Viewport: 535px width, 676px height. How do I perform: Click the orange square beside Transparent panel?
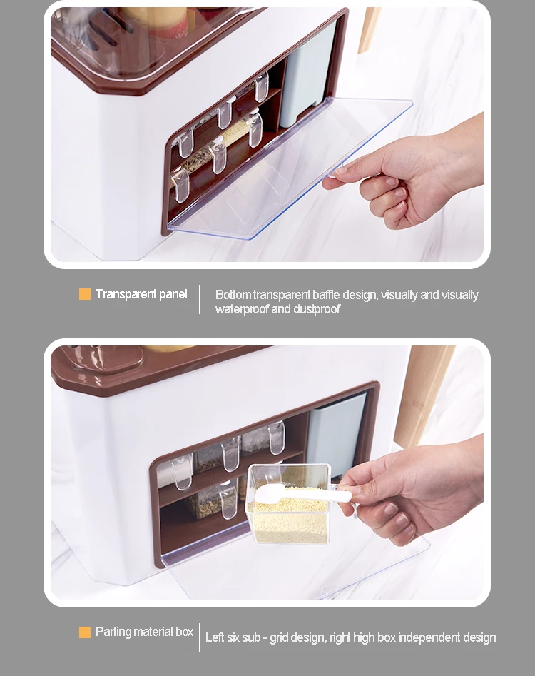click(x=85, y=294)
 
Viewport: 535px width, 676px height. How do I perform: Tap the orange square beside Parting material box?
click(x=85, y=632)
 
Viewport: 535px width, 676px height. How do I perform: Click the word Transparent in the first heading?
click(x=125, y=294)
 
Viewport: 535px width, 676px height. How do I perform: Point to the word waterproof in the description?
click(x=242, y=309)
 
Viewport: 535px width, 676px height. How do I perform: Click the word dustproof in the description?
click(x=317, y=309)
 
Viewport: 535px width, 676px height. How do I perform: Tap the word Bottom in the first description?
click(x=233, y=295)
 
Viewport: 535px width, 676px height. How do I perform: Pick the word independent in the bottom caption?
click(x=430, y=637)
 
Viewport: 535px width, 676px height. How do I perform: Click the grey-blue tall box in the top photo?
click(x=307, y=79)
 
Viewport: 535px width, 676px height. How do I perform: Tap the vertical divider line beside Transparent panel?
click(x=199, y=299)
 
